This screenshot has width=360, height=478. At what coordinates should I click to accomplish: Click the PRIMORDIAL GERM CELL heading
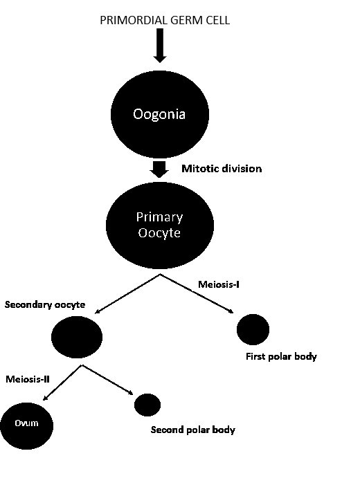[165, 20]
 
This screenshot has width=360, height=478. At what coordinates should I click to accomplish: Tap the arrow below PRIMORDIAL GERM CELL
[159, 46]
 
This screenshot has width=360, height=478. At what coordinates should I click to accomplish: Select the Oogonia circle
[159, 114]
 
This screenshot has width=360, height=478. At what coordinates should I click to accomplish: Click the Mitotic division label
[222, 169]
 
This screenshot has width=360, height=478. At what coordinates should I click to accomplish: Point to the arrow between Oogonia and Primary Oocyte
[159, 169]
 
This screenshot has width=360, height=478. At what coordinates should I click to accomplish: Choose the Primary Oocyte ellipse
[159, 226]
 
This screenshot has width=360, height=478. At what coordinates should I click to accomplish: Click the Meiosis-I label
[219, 284]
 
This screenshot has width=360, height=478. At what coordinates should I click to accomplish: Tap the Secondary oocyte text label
[45, 304]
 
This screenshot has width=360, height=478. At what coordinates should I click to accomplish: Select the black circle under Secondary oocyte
[77, 337]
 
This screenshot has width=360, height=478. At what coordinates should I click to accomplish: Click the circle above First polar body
[253, 329]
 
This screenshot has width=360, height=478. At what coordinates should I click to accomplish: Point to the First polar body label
[281, 356]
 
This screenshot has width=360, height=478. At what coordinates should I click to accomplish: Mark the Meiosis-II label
[28, 379]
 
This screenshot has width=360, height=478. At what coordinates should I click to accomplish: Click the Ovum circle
[26, 426]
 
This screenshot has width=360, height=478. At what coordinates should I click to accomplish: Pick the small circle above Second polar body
[147, 405]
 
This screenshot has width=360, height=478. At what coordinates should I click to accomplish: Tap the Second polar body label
[193, 430]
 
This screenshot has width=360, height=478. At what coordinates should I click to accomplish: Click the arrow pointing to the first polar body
[197, 293]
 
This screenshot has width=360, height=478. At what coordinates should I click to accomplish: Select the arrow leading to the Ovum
[62, 383]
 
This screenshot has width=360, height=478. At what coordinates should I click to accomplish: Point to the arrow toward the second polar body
[107, 380]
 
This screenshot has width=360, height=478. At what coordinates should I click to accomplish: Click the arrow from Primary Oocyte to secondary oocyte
[127, 293]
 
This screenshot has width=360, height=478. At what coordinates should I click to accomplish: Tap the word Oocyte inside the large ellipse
[159, 233]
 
